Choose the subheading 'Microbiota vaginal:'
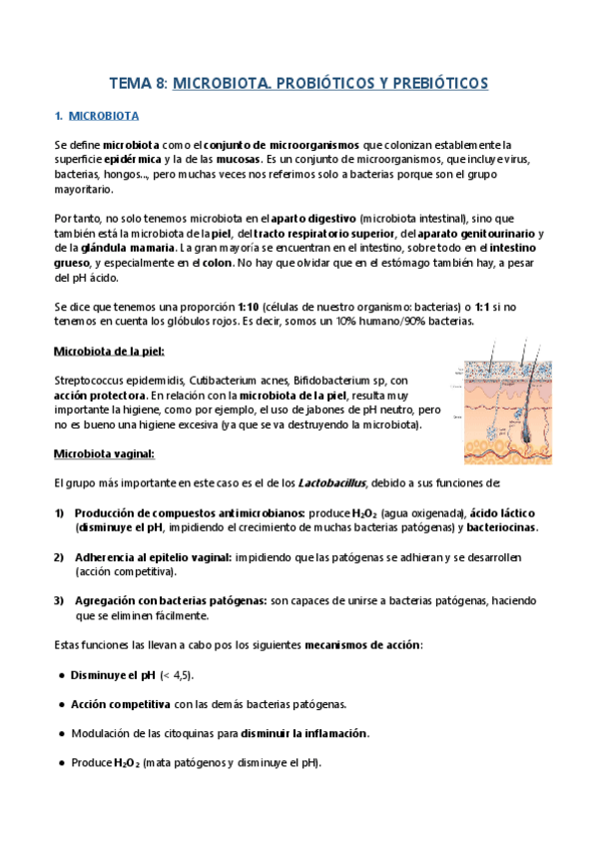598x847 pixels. pos(104,454)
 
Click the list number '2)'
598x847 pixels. pos(59,557)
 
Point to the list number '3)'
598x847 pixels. pos(59,600)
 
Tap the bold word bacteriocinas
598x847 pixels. pos(496,527)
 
